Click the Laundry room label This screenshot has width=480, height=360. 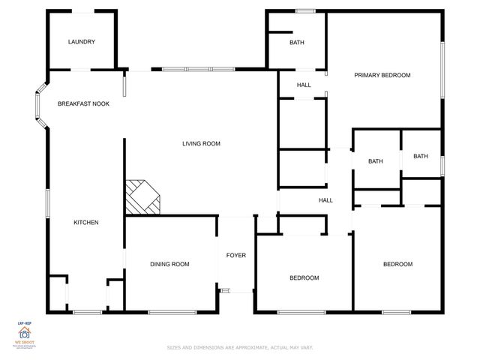coord(81,42)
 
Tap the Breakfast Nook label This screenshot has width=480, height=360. coord(83,103)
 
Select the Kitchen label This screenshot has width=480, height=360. coord(85,222)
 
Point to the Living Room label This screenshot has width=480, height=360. coord(201,143)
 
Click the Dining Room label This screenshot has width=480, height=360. coord(169,264)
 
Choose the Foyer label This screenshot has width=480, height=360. coord(236,256)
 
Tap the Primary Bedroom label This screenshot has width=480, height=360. coord(382,75)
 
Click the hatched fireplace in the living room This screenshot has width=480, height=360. coord(142,196)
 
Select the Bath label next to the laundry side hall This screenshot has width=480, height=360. coord(297,43)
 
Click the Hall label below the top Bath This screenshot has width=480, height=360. coord(304,85)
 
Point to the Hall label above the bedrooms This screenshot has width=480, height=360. coord(325,200)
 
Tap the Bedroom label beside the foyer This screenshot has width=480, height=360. coord(304,278)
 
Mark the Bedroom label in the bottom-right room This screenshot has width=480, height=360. coord(397,264)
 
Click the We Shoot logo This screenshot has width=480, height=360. coord(25,334)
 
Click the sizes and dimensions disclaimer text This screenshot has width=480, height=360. coord(240,348)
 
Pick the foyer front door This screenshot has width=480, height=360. coord(226,290)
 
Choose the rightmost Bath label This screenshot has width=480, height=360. coord(420,156)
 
